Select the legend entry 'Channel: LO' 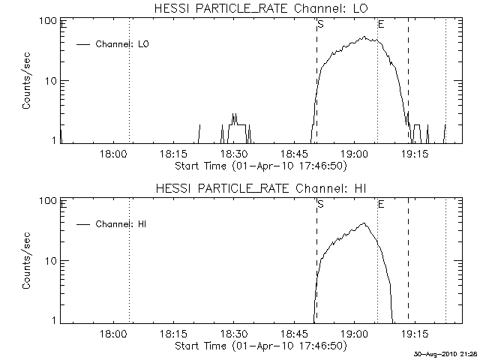click(x=123, y=44)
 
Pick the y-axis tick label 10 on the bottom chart click(x=52, y=261)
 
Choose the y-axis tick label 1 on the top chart click(x=55, y=139)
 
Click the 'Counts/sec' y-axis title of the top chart click(x=26, y=81)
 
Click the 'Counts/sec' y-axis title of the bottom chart click(x=26, y=261)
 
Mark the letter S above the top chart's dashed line click(x=321, y=24)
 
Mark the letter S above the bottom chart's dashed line click(x=321, y=204)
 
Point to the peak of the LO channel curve click(x=365, y=36)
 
